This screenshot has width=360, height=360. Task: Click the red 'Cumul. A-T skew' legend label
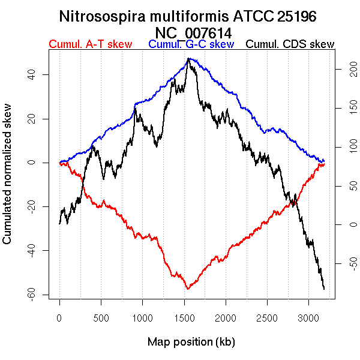tap(90, 44)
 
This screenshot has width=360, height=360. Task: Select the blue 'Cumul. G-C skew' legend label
tap(191, 44)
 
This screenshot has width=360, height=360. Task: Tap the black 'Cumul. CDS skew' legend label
tap(290, 44)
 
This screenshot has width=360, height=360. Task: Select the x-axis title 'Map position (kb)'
tap(191, 342)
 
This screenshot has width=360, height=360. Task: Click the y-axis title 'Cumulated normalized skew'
tap(8, 181)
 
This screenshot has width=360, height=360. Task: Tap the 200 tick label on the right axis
tap(343, 70)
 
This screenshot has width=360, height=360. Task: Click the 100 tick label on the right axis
tap(343, 148)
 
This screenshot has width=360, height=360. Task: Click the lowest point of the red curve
tap(188, 289)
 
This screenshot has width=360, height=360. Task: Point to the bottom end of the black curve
tap(324, 289)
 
